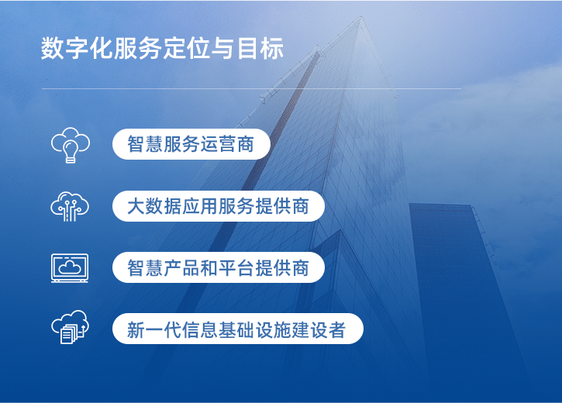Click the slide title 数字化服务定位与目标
(162, 48)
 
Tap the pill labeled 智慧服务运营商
(191, 144)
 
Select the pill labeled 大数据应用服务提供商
(218, 206)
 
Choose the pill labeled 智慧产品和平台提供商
(218, 267)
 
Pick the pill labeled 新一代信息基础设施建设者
(237, 329)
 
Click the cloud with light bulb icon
(70, 145)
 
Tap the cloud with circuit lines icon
(70, 206)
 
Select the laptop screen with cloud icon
(70, 267)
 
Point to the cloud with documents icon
(70, 329)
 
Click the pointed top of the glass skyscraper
(358, 17)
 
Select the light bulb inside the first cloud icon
(70, 150)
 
